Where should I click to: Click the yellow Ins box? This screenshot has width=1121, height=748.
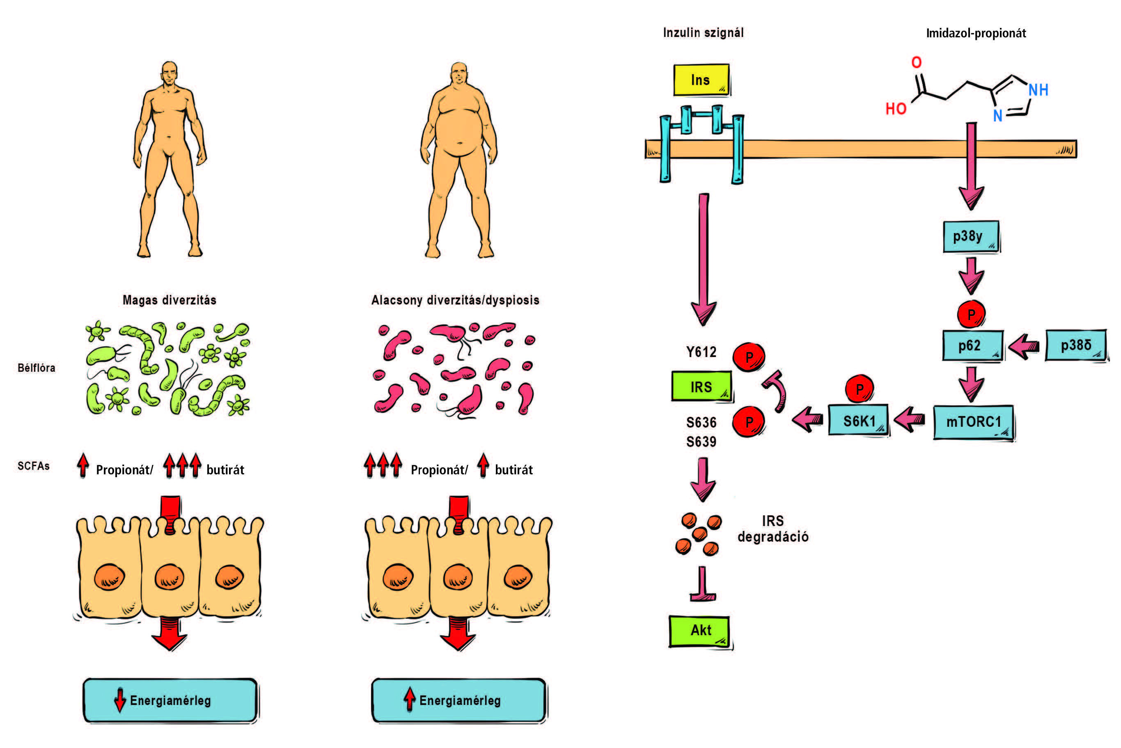[701, 80]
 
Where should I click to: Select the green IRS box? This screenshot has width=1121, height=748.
[701, 387]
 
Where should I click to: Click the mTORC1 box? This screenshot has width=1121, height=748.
[974, 422]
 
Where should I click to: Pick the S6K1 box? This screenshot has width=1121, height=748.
[859, 421]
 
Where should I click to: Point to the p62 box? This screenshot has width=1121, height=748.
[972, 345]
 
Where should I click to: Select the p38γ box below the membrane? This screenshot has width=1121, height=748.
[971, 236]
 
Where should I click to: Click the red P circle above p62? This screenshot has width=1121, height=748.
[971, 314]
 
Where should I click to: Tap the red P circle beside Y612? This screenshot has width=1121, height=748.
[749, 357]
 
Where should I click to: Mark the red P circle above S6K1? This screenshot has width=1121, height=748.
[859, 389]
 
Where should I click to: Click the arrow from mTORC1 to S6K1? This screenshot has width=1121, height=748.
[910, 420]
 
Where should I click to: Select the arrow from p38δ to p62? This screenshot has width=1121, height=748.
[1024, 345]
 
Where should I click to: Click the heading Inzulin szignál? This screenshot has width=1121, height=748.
[703, 33]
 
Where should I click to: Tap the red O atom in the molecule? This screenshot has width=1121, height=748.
[916, 62]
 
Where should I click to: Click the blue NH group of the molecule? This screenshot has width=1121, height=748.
[1038, 90]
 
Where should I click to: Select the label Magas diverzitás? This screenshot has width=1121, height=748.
[170, 300]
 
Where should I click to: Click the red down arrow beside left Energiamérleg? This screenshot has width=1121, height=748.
[120, 700]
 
